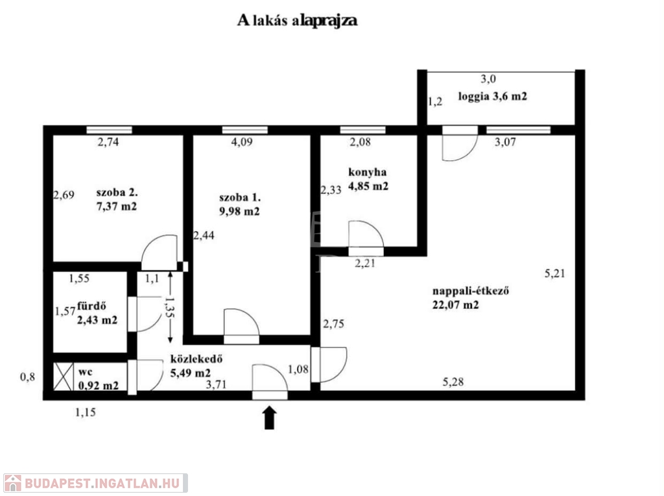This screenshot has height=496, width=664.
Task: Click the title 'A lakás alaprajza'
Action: (x=298, y=20)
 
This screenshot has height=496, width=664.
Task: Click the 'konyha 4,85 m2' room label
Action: (x=368, y=179)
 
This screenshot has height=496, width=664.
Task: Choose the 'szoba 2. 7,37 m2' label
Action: (x=117, y=201)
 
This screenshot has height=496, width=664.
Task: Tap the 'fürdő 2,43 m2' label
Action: (x=97, y=313)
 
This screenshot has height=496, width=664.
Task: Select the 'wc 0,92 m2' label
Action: (x=98, y=379)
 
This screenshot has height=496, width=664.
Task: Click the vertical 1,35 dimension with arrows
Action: (x=170, y=308)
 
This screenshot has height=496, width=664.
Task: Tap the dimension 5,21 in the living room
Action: (x=554, y=273)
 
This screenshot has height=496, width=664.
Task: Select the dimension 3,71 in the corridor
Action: (x=217, y=385)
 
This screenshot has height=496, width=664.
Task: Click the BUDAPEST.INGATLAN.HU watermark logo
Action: (x=95, y=483)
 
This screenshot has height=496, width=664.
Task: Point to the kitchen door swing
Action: (x=366, y=234)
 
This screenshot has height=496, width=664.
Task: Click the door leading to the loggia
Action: (x=459, y=144)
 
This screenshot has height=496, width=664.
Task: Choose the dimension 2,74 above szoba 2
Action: (x=110, y=143)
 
